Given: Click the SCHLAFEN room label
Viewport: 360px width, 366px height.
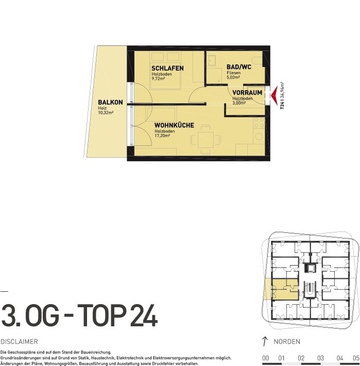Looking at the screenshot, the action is [167, 68].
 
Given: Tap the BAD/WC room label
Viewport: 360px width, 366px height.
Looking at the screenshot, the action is [239, 67].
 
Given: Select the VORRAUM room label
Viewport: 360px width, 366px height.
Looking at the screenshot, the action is [247, 93].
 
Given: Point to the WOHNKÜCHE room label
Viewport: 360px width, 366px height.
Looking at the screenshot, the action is [174, 125].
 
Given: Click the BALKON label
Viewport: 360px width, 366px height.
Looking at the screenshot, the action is [110, 102].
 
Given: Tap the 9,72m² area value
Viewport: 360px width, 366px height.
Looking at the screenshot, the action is [158, 78].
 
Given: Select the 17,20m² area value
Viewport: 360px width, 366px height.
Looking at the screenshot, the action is [162, 136].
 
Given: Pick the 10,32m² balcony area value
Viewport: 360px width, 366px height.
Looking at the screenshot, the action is [106, 113].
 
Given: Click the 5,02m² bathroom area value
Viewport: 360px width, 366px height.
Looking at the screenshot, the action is [233, 77].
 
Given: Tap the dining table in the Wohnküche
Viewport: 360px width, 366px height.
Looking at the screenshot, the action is [205, 140].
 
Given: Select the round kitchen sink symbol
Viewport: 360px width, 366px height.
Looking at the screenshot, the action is [259, 136].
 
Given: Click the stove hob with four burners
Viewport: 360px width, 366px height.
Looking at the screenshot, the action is [259, 123].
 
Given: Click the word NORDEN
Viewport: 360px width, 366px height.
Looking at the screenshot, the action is [287, 341].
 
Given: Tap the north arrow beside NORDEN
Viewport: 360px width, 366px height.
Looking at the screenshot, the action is [264, 341].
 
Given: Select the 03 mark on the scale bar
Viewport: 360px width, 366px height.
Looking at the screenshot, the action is [320, 358].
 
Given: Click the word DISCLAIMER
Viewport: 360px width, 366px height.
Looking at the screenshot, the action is [19, 341].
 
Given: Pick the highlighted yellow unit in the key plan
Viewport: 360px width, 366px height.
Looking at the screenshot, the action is [285, 289].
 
